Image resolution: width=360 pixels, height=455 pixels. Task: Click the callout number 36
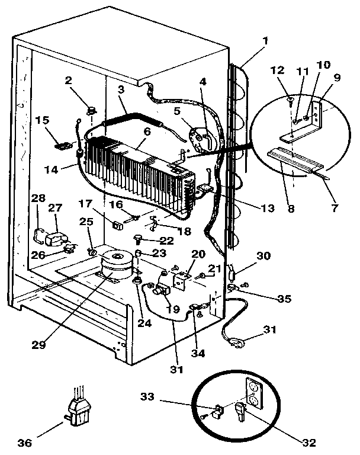25,443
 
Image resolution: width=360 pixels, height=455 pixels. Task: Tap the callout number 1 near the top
265,41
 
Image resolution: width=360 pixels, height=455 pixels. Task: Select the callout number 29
39,344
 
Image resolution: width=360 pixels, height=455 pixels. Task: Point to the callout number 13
268,208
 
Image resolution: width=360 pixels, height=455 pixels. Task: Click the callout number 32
308,443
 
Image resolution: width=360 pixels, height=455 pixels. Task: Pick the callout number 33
147,396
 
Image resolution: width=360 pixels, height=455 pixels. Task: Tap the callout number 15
43,120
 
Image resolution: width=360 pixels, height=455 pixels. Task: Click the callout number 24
144,323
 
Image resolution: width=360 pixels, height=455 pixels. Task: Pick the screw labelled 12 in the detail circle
290,102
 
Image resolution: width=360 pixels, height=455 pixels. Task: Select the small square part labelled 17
118,225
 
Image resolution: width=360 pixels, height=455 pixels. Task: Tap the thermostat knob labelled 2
92,110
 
